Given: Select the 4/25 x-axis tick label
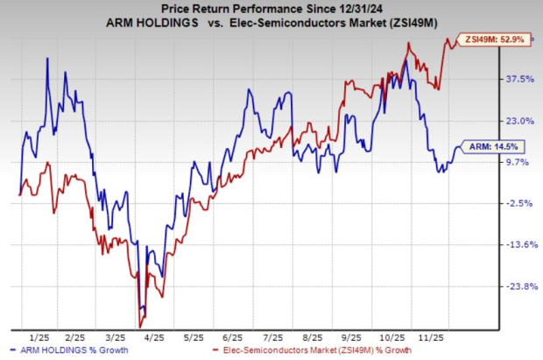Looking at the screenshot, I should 154,337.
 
